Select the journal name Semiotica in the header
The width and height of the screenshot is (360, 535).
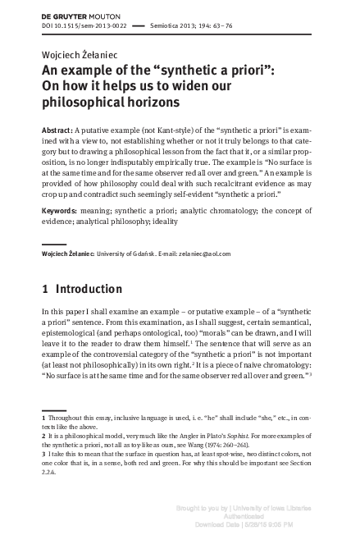click(x=169, y=26)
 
